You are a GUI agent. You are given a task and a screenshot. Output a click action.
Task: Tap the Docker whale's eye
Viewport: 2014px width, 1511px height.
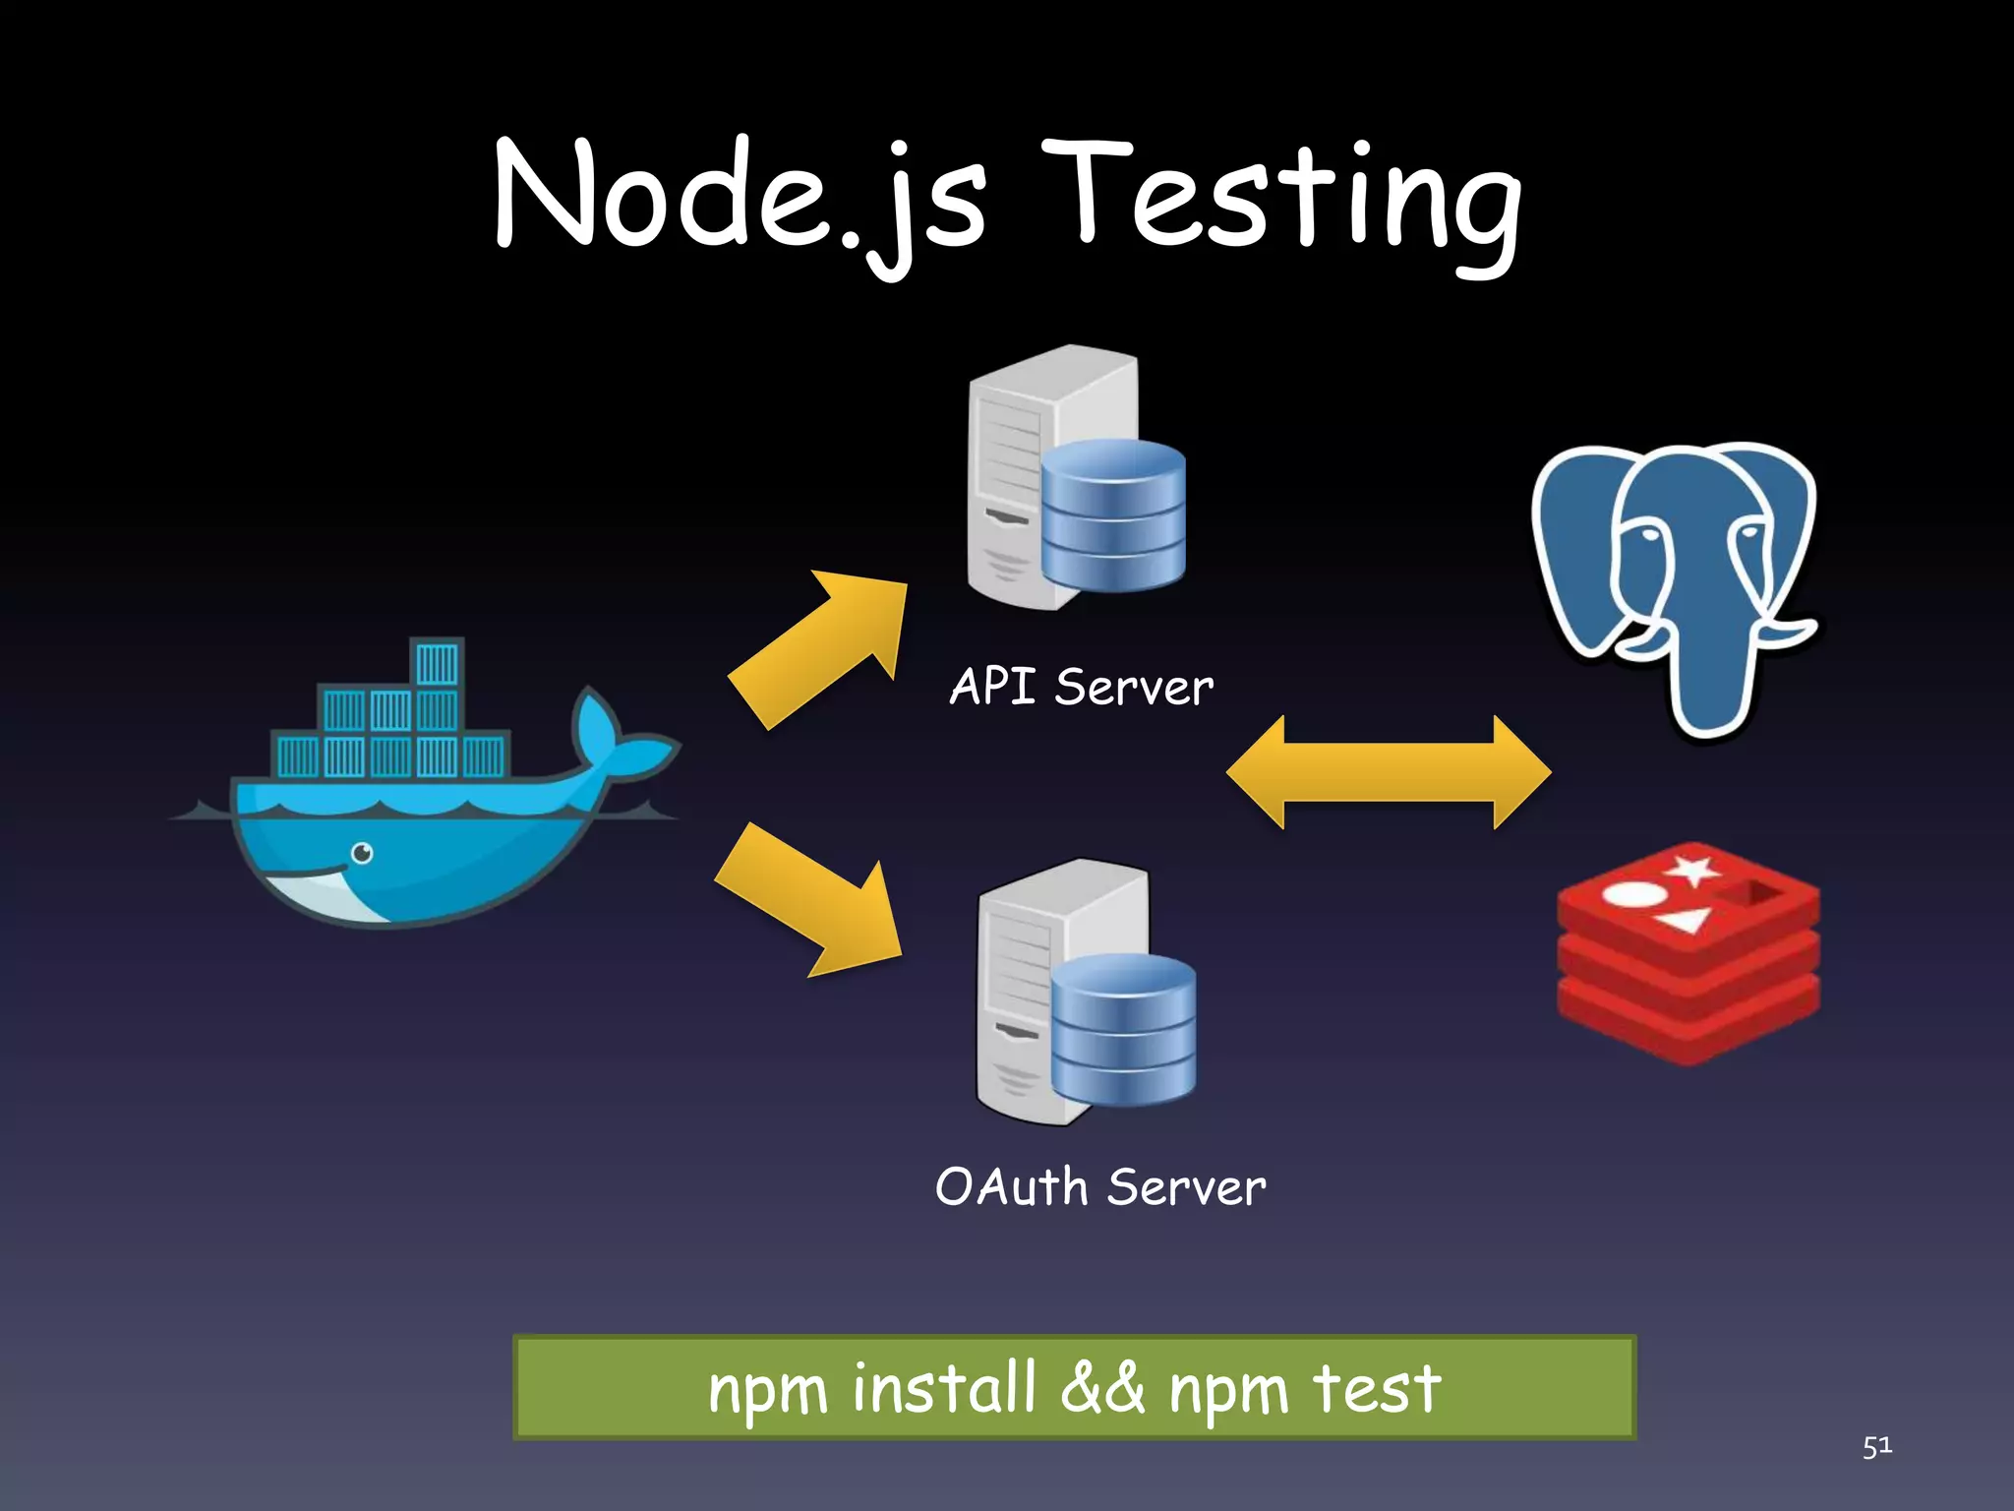[362, 853]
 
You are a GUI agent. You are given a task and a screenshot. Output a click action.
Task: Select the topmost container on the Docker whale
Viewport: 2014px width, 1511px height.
[437, 663]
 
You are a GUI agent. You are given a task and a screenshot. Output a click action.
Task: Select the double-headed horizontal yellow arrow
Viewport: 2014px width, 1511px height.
[1388, 772]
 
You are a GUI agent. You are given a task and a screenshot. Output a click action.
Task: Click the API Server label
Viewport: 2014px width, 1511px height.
[1081, 687]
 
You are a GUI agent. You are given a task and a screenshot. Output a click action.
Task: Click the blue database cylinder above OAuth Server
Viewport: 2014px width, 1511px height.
[1124, 1028]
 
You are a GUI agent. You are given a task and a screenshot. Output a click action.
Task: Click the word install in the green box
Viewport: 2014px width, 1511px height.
[944, 1388]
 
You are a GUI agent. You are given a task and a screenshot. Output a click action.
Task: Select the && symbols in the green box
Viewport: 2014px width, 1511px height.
[1102, 1388]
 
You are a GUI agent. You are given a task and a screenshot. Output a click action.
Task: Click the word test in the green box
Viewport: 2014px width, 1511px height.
[1376, 1388]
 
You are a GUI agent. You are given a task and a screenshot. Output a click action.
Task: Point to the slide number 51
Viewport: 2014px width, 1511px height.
[1876, 1446]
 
